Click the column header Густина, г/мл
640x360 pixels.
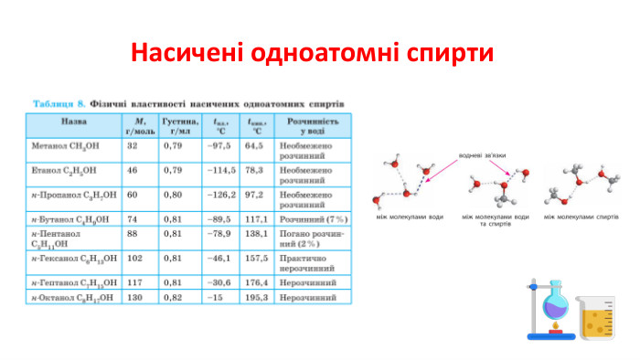[179, 125]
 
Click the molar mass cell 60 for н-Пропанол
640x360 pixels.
[132, 195]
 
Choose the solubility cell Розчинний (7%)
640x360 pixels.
[314, 219]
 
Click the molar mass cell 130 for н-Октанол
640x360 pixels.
[133, 297]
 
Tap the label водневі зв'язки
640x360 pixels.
[483, 154]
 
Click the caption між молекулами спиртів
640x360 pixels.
[581, 217]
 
